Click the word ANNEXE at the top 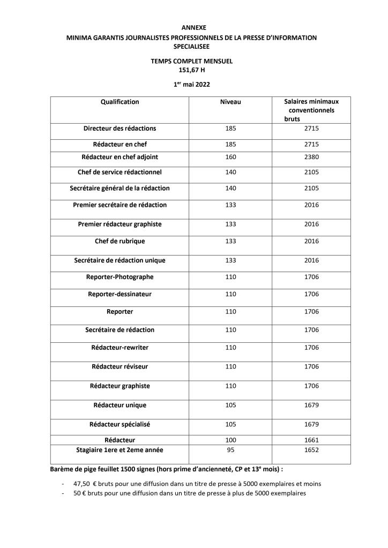coord(193,27)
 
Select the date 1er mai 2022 coord(193,84)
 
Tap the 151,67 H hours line coord(193,69)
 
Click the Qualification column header coord(120,102)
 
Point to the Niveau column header coord(231,102)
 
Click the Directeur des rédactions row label coord(120,129)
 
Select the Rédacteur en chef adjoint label coord(120,157)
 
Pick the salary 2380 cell coord(311,157)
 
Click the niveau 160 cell coord(231,157)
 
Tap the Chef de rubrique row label coord(120,241)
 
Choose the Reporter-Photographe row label coord(120,277)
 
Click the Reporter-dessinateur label coord(120,294)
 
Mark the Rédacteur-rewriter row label coord(120,348)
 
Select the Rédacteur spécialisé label coord(120,424)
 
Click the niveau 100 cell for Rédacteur coord(231,440)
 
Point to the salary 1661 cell coord(311,440)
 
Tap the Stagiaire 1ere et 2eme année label coord(120,450)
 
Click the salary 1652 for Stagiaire coord(311,450)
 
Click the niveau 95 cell coord(231,450)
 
